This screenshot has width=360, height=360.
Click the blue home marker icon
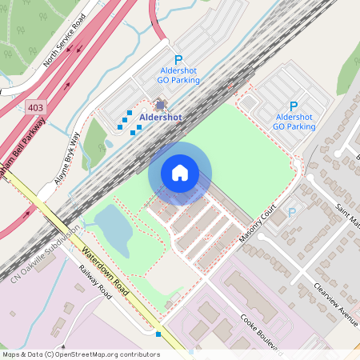pyautogui.click(x=180, y=173)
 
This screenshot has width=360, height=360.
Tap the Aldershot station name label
pyautogui.click(x=161, y=117)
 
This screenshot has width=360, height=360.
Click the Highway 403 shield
pyautogui.click(x=35, y=106)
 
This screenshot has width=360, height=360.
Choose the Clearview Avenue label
pyautogui.click(x=335, y=303)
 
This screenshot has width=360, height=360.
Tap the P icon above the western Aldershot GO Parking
pyautogui.click(x=178, y=59)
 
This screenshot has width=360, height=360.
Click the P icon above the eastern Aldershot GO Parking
pyautogui.click(x=293, y=106)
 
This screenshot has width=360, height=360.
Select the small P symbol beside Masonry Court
pyautogui.click(x=292, y=212)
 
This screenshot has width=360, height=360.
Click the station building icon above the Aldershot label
pyautogui.click(x=160, y=104)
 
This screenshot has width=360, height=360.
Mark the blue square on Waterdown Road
pyautogui.click(x=159, y=334)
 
